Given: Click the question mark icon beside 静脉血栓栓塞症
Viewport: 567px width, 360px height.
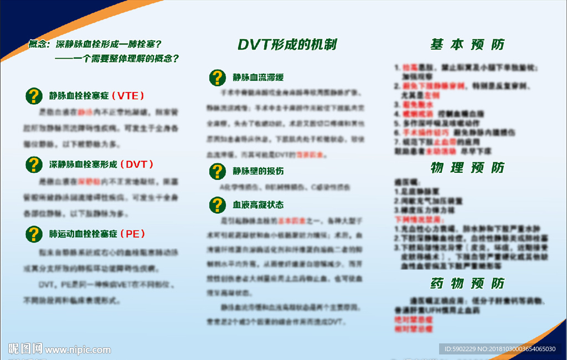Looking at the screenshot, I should [34, 96].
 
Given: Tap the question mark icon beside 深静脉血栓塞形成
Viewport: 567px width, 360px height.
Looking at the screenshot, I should [34, 164].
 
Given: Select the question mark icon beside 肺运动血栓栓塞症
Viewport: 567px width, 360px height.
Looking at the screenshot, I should [34, 234].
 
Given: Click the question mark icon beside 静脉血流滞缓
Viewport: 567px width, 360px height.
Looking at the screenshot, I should [217, 78].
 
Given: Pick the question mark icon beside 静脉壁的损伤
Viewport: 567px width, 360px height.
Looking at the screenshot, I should [217, 171].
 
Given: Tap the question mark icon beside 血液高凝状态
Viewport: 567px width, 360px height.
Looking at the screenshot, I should [217, 205].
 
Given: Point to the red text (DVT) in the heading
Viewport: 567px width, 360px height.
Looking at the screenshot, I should [136, 164].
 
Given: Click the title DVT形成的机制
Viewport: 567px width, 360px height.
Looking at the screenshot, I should [287, 45].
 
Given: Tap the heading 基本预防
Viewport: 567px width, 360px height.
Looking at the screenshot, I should [467, 45].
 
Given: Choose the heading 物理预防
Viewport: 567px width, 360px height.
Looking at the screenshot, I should [467, 168].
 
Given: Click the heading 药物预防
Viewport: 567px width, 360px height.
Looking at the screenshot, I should [467, 284].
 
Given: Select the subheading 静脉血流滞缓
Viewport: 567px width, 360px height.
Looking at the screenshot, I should [258, 78].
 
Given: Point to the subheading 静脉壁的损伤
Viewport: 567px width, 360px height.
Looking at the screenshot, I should [258, 171].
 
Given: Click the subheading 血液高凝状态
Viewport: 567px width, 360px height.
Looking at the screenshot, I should [258, 205].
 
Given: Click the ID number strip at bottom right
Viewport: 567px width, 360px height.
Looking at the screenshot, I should [499, 349].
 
